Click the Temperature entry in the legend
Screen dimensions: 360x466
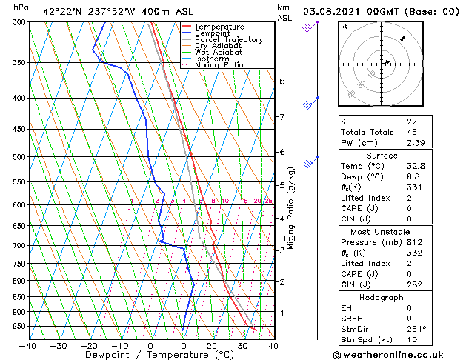[219, 27]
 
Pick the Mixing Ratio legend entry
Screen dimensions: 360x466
[219, 65]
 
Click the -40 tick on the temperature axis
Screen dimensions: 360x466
[28, 346]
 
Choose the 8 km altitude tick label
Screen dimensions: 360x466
[282, 81]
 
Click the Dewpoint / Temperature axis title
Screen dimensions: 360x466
[150, 356]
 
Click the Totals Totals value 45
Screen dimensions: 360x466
[412, 132]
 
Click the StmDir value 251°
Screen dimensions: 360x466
[416, 330]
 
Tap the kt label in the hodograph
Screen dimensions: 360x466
[344, 27]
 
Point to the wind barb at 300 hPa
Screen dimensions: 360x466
[310, 27]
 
